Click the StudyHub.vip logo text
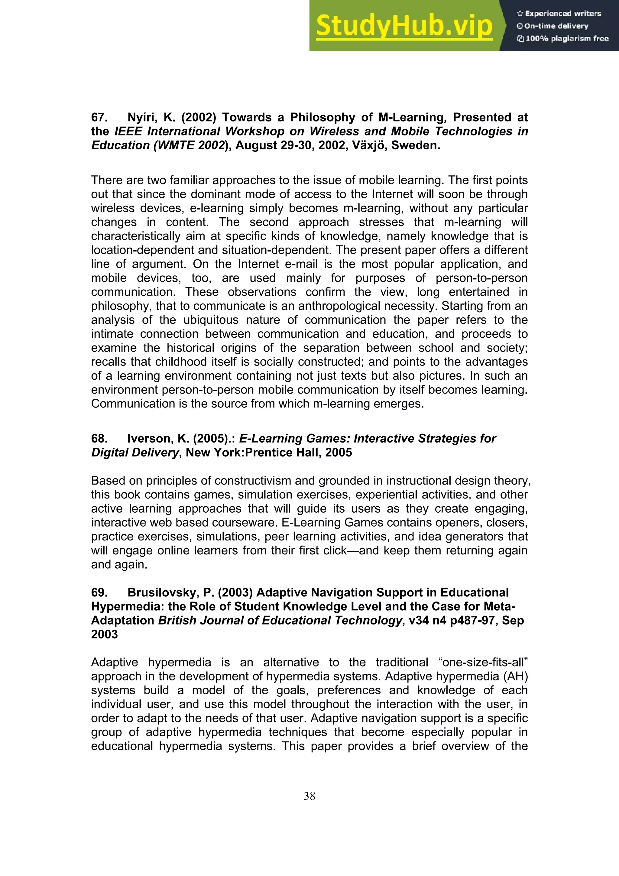pyautogui.click(x=404, y=26)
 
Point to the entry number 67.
pyautogui.click(x=99, y=118)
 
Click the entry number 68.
pyautogui.click(x=99, y=439)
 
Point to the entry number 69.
pyautogui.click(x=99, y=592)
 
